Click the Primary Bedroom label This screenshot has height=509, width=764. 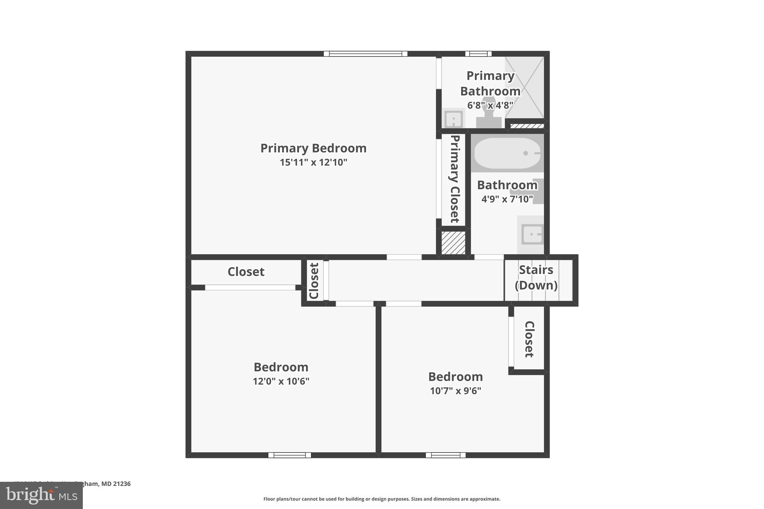[313, 148]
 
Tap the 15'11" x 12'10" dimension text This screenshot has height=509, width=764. [313, 163]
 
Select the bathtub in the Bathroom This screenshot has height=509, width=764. [507, 153]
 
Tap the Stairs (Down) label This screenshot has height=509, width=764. [536, 277]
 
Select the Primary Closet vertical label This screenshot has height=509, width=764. [454, 179]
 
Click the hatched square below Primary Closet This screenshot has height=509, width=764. [453, 243]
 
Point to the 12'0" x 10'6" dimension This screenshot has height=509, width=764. [281, 381]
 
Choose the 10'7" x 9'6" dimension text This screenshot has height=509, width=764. [455, 391]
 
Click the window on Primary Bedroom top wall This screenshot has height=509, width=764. [366, 54]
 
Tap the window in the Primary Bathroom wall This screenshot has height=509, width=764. [478, 54]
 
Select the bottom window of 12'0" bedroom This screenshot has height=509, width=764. [289, 455]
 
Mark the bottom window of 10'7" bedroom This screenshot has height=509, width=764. [445, 455]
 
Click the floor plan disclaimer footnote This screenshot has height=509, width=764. [382, 499]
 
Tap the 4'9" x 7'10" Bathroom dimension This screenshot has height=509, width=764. [507, 199]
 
